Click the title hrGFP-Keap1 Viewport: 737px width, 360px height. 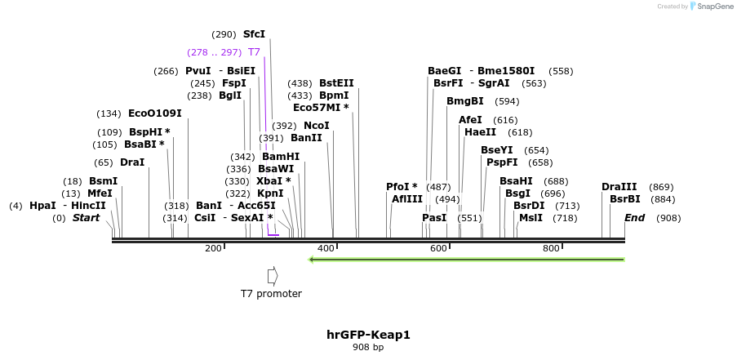[368, 335]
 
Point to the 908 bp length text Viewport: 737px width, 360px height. [368, 348]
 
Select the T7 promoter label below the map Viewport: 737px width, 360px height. [271, 294]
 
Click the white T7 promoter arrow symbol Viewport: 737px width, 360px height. [273, 275]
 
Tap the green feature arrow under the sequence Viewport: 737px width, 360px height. [466, 260]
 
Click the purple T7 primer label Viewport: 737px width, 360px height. [254, 52]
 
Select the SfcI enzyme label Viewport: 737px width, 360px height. [254, 34]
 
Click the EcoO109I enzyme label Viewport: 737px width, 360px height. [154, 113]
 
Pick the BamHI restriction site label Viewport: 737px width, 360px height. [281, 157]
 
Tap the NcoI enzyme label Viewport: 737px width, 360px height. [317, 126]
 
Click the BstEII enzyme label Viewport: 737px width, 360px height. [336, 83]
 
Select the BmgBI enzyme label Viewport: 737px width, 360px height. [464, 101]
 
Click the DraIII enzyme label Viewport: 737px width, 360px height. [619, 187]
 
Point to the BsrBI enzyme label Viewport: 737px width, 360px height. [625, 199]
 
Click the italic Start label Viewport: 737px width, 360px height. [86, 218]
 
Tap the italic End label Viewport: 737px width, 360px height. [634, 218]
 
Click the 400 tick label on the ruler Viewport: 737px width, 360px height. [326, 248]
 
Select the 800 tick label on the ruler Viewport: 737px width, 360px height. [551, 248]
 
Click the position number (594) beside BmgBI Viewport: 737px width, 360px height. [507, 101]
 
